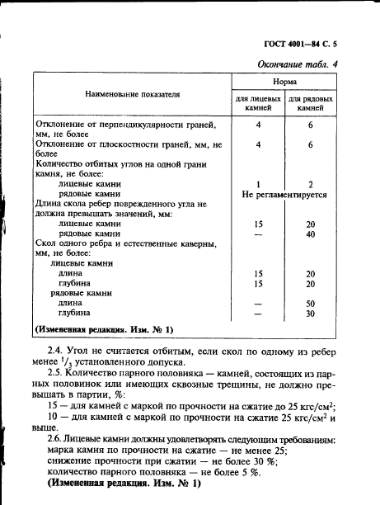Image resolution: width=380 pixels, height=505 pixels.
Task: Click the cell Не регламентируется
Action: [x=284, y=196]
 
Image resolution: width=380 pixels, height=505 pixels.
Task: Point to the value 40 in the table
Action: [x=311, y=234]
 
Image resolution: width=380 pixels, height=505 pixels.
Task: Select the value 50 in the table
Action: [x=311, y=303]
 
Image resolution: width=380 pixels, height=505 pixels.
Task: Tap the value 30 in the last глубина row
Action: [x=311, y=314]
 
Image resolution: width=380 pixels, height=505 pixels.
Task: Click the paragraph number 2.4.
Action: [x=58, y=352]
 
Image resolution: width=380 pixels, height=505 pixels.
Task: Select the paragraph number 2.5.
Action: [x=58, y=374]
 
